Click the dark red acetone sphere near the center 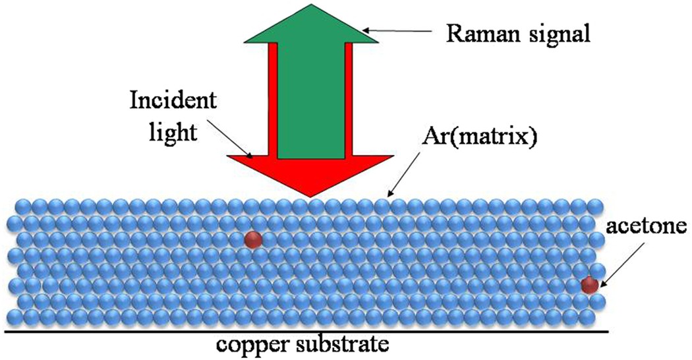252,239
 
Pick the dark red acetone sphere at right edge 589,285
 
